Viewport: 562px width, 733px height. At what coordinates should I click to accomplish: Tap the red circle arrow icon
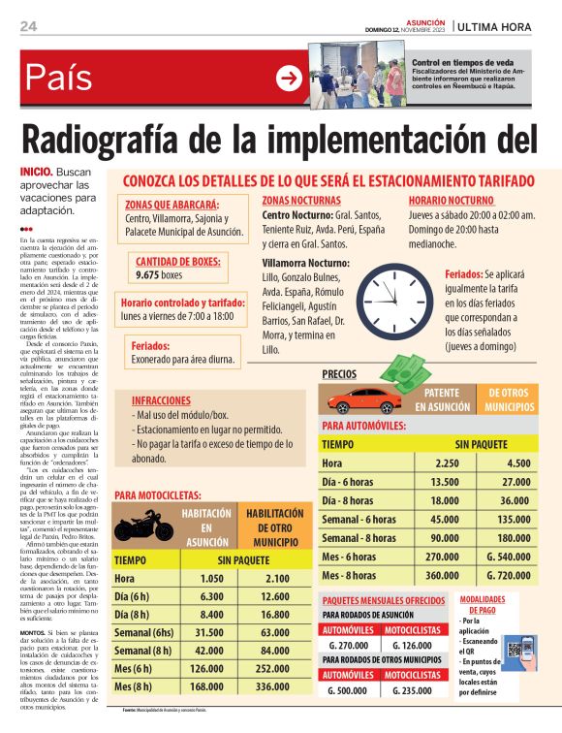(x=289, y=79)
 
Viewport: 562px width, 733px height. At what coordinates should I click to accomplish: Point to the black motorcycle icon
(x=141, y=529)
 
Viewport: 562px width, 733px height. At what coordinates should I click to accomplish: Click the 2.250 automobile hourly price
(x=447, y=462)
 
